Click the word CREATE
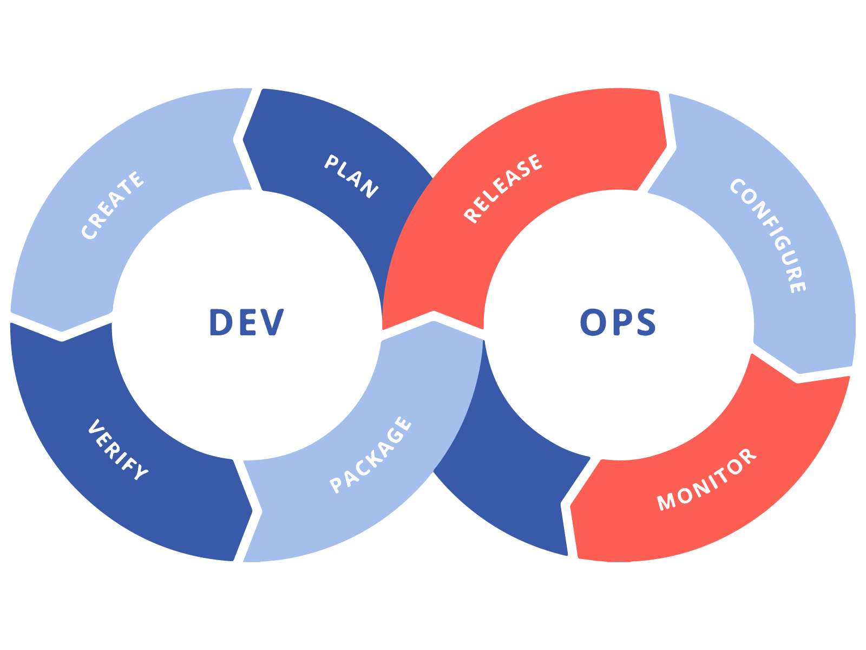[113, 205]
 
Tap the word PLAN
[351, 177]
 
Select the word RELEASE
[503, 188]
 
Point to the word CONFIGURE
[768, 235]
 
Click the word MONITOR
[707, 479]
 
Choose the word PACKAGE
[371, 455]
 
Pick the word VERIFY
[117, 450]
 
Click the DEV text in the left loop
[246, 322]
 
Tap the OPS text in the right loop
[618, 322]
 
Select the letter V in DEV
[272, 322]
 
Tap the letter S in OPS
[646, 322]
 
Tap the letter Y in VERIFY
[140, 472]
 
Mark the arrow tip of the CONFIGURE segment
[799, 373]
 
